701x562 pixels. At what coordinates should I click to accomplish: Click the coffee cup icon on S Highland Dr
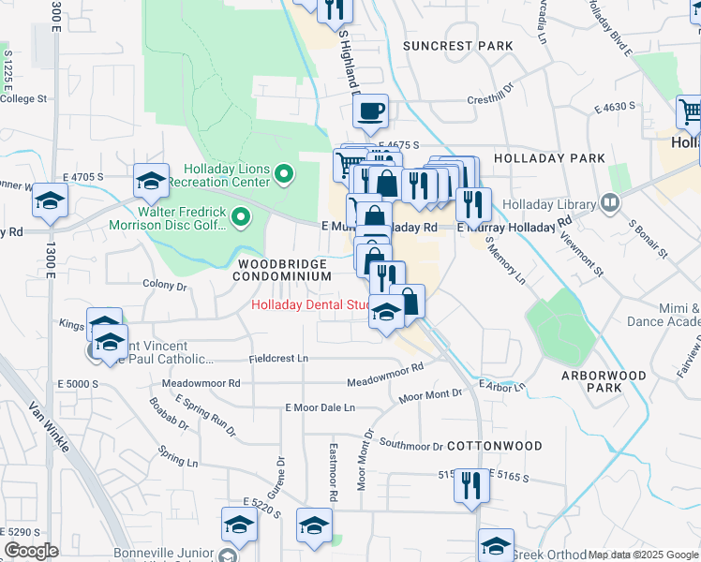[x=371, y=111]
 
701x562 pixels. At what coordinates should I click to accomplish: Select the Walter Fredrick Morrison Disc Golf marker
[x=242, y=218]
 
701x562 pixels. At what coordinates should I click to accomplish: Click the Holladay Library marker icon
[x=610, y=203]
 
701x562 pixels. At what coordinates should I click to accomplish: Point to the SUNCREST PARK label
[x=458, y=46]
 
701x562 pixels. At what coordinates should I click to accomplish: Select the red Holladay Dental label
[x=308, y=304]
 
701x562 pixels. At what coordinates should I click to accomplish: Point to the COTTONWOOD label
[x=481, y=445]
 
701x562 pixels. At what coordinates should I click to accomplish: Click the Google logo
[x=31, y=551]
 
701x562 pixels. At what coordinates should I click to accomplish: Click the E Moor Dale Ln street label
[x=321, y=407]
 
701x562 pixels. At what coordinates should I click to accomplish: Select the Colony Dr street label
[x=164, y=284]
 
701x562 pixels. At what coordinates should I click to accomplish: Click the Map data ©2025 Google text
[x=642, y=555]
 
